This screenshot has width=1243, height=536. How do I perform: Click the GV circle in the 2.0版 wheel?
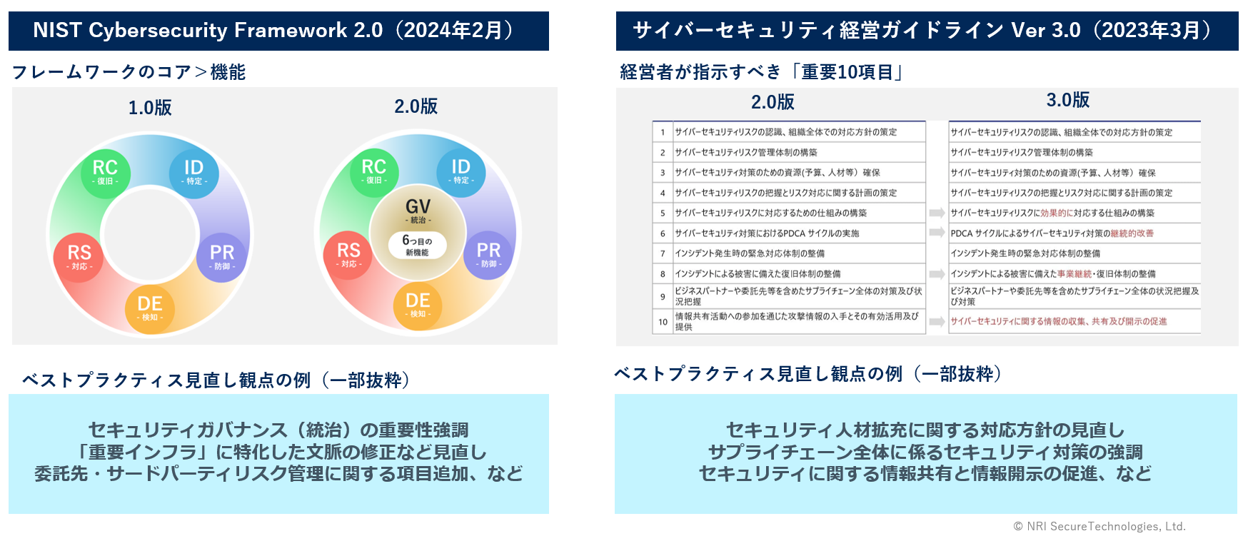tap(418, 211)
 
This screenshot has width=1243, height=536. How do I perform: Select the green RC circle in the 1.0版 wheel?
tap(105, 172)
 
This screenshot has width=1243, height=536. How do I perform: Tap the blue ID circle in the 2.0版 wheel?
tap(461, 171)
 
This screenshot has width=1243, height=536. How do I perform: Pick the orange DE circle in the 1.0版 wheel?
tap(150, 308)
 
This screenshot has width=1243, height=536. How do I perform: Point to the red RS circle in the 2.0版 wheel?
tap(348, 255)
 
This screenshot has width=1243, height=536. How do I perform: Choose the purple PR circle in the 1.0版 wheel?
tap(222, 257)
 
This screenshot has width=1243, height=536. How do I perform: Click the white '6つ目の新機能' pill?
tap(418, 246)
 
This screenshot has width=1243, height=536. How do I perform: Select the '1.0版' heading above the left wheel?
tap(150, 108)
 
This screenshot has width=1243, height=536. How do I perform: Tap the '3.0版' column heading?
tap(1068, 100)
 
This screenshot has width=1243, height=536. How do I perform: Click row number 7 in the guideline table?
tap(663, 253)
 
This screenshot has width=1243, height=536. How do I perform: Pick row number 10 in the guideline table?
tap(663, 322)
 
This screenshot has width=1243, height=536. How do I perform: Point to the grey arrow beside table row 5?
tap(937, 213)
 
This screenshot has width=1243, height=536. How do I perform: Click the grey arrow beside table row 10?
tap(937, 322)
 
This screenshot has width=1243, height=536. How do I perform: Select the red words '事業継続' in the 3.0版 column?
tap(1075, 273)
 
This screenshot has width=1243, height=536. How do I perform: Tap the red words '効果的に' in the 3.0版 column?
tap(1057, 213)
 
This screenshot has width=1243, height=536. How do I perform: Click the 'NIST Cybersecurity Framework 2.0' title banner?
tap(278, 31)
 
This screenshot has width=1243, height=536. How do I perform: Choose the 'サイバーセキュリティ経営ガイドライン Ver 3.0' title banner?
tap(927, 31)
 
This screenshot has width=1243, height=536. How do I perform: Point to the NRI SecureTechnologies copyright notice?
tap(1099, 527)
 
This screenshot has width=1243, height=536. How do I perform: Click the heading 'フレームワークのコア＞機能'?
tap(129, 72)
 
